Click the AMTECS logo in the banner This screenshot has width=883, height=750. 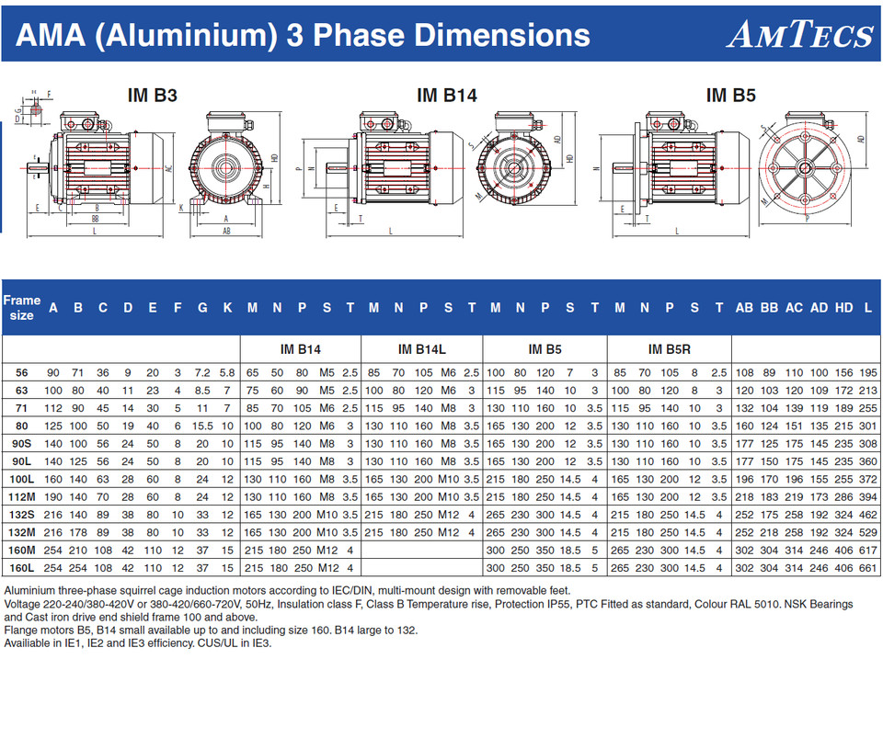(799, 35)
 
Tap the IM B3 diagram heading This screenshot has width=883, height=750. (152, 95)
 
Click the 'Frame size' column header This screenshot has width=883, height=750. (22, 308)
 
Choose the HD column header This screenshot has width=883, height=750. (843, 309)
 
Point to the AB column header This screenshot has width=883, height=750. (744, 309)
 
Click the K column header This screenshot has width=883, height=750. (227, 309)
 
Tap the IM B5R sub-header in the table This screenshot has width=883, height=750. (669, 349)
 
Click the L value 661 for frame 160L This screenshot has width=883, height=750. (867, 568)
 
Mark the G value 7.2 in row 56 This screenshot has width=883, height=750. (202, 372)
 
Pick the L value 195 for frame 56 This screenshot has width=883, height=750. (867, 372)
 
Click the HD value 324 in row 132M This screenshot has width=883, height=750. (843, 533)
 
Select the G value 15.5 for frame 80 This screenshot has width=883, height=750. (202, 426)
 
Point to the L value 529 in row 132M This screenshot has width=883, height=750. (867, 533)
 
